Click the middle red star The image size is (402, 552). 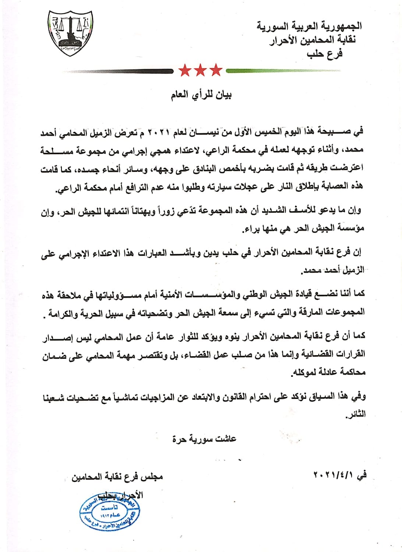click(200, 70)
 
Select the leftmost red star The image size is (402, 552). click(185, 70)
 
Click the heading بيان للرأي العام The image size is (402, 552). click(201, 96)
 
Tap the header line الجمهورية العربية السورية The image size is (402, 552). click(309, 26)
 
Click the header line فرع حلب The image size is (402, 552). click(324, 53)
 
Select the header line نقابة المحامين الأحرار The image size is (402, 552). click(313, 40)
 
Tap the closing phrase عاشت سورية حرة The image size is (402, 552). click(204, 439)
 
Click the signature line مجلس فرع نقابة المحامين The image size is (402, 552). click(117, 477)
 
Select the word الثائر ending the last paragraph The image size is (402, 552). click(356, 414)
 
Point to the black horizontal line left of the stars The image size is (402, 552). click(118, 71)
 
